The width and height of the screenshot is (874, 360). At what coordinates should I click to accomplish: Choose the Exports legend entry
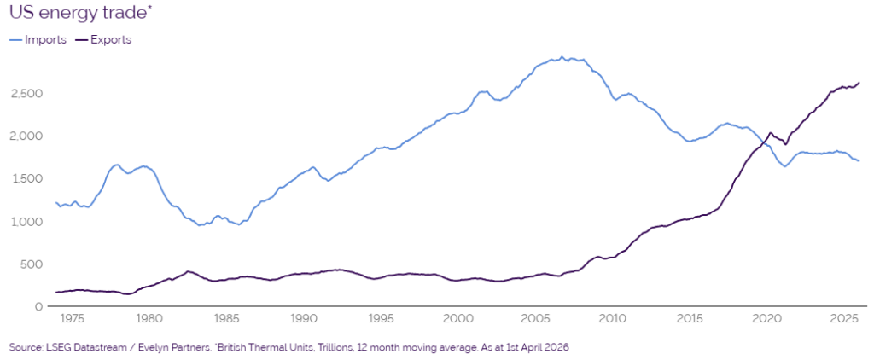point(103,39)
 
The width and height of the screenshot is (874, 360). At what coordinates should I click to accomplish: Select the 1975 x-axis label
point(72,320)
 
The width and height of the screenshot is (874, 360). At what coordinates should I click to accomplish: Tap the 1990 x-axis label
point(304,320)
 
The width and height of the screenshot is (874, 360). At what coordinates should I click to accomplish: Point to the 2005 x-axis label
point(535,320)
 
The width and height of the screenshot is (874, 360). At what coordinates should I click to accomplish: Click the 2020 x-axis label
point(767,320)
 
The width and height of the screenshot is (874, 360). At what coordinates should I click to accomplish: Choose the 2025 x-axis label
point(844,320)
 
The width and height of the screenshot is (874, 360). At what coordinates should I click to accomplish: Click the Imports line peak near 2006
point(562,57)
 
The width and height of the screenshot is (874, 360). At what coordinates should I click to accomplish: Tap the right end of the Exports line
point(859,83)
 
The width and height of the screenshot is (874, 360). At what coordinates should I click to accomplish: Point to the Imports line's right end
point(859,160)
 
